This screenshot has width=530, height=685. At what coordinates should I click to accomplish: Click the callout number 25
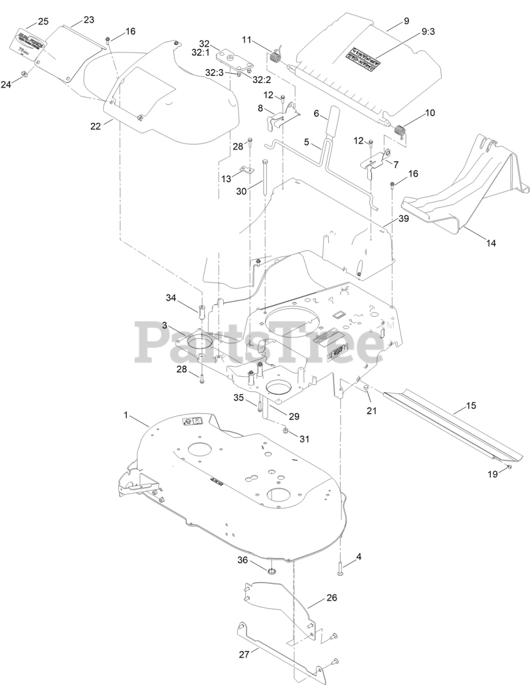pyautogui.click(x=43, y=22)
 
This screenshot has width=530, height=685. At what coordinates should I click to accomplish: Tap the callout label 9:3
pyautogui.click(x=428, y=32)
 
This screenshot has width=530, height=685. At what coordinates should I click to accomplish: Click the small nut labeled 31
pyautogui.click(x=286, y=431)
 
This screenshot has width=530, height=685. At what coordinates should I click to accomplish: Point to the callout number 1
pyautogui.click(x=127, y=415)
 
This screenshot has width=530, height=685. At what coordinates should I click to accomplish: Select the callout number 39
pyautogui.click(x=403, y=219)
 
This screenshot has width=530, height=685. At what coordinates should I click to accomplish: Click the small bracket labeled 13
pyautogui.click(x=245, y=170)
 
